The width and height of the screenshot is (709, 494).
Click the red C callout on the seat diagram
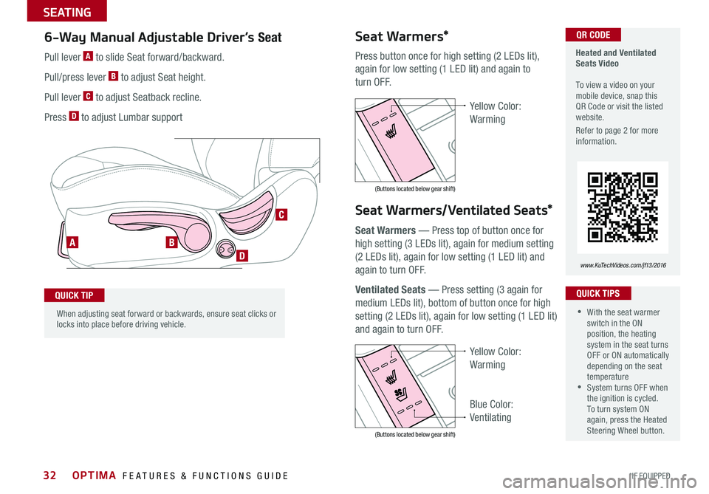click(281, 215)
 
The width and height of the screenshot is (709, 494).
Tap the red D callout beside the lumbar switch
click(242, 255)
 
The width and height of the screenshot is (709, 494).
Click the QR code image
click(622, 207)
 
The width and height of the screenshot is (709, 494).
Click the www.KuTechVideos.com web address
click(622, 264)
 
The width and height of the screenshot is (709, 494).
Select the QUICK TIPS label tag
click(597, 293)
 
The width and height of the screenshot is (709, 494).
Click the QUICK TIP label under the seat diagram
click(75, 295)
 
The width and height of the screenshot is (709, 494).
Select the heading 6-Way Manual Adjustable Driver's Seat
click(163, 37)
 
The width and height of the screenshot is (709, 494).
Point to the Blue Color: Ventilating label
click(491, 411)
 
